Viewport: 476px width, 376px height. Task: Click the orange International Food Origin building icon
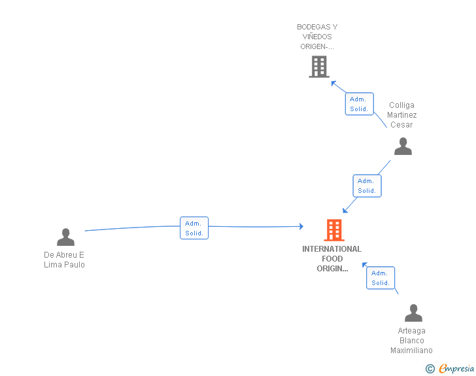(334, 230)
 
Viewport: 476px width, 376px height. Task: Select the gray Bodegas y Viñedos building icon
(319, 67)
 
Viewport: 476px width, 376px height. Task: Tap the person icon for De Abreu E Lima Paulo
(65, 237)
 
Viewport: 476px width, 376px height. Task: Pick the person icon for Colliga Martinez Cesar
(403, 146)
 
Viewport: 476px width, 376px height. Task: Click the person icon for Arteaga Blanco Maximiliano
(413, 313)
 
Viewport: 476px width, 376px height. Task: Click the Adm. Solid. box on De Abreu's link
(194, 228)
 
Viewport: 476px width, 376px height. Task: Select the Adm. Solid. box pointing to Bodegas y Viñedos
(359, 104)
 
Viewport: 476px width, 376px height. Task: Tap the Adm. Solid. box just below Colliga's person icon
(367, 186)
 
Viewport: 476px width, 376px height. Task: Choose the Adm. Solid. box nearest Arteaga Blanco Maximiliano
(381, 278)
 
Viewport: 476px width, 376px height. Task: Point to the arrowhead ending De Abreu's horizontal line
(301, 226)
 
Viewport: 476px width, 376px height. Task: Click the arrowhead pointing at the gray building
(333, 83)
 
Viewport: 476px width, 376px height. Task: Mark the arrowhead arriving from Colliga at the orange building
(345, 210)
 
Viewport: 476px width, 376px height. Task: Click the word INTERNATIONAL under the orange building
(331, 249)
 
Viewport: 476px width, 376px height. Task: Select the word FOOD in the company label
(332, 259)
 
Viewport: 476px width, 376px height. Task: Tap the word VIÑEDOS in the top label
(317, 37)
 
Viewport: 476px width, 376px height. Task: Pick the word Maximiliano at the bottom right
(411, 350)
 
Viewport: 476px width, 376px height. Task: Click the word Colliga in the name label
(401, 105)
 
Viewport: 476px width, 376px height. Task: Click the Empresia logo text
(456, 368)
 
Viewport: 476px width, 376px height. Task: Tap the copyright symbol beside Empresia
(430, 369)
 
